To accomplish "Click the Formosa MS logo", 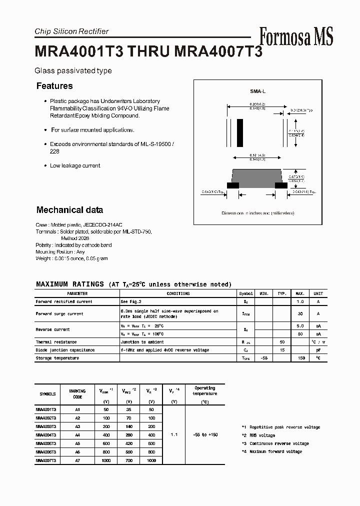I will pos(296,36).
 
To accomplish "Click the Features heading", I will pos(54,86).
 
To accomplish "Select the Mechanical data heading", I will pos(69,210).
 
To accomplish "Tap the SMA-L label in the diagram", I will pos(258,92).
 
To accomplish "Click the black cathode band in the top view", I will pos(240,132).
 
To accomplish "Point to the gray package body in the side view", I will pos(257,176).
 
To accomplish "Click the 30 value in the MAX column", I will pos(300,313).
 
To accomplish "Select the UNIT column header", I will pos(318,294).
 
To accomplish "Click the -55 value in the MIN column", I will pos(264,358).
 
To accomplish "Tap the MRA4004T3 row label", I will pos(46,435).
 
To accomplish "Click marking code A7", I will pos(77,460).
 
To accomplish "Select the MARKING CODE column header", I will pos(77,394).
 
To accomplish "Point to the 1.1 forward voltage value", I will pos(174,435).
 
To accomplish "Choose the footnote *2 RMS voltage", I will pos(258,435).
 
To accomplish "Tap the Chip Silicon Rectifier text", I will pos(71,31).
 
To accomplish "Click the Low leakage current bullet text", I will pos(75,165).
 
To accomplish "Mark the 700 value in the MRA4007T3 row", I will pos(129,460).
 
